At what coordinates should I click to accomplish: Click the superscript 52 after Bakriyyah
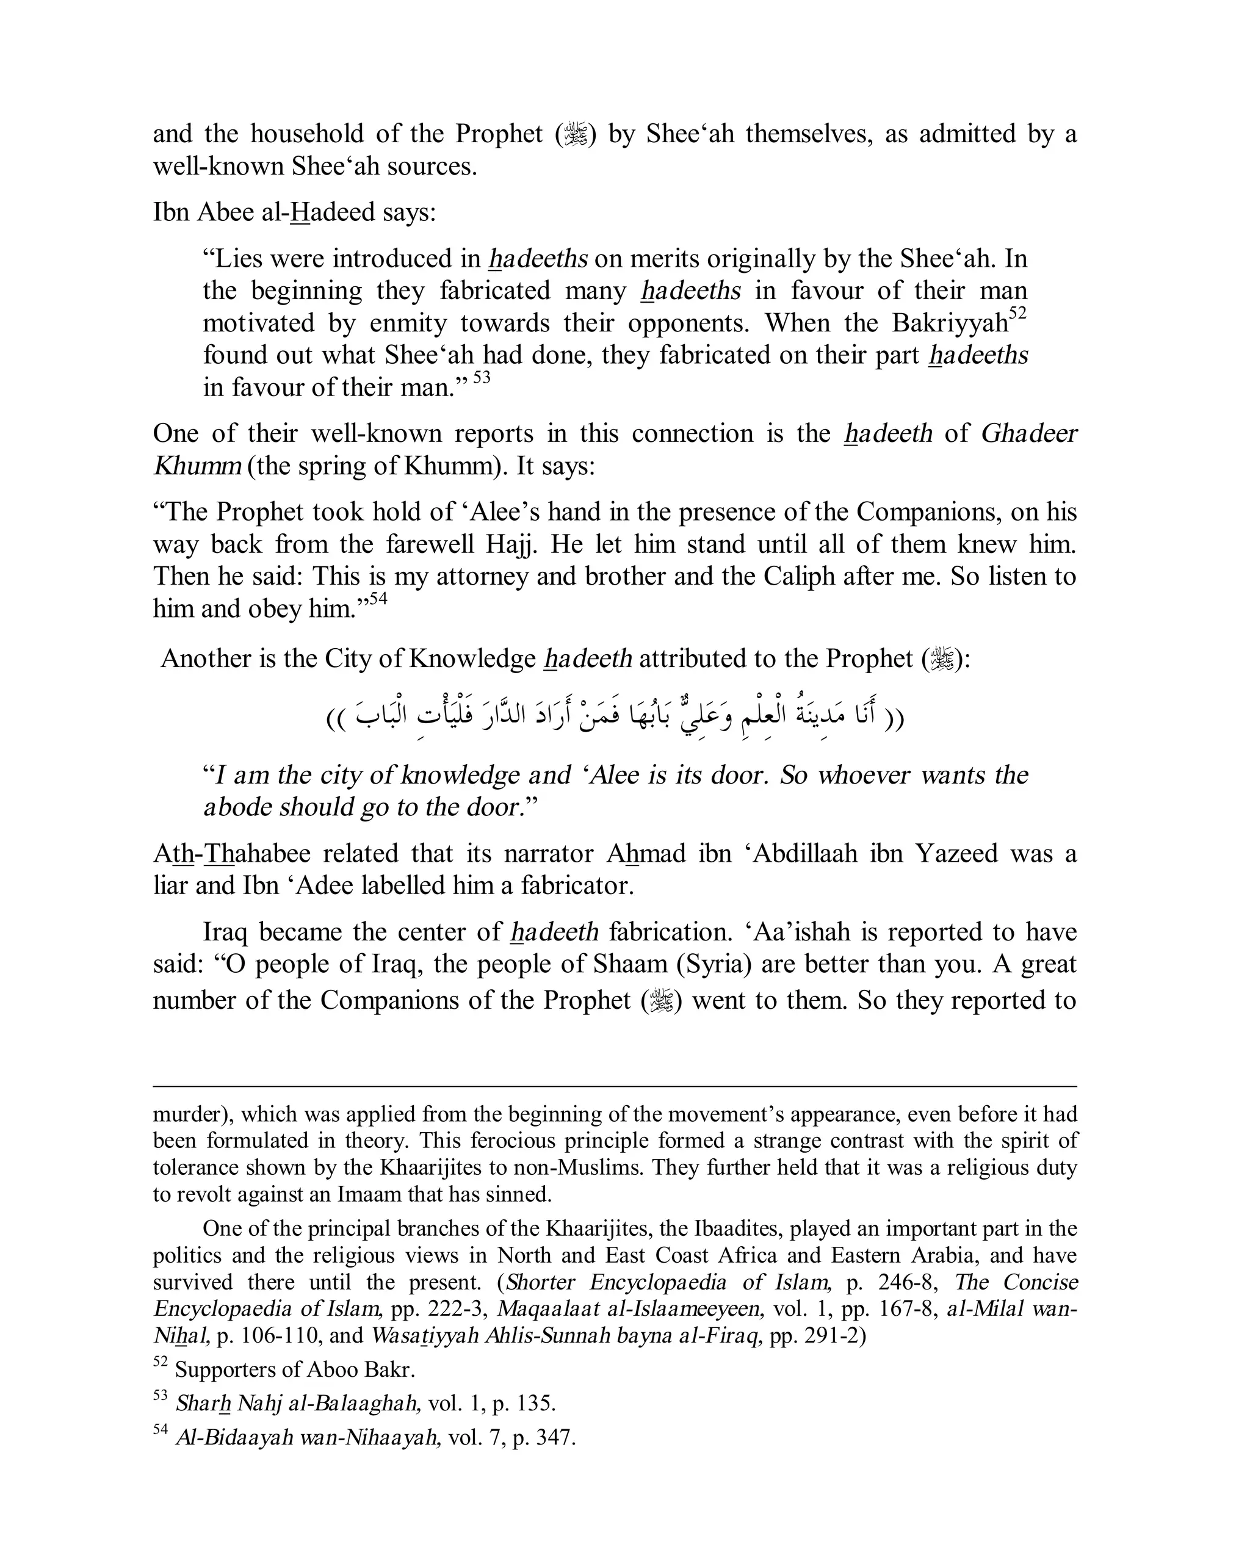point(1017,314)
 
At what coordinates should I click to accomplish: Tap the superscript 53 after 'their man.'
point(482,377)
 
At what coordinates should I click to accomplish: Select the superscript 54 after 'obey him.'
point(378,598)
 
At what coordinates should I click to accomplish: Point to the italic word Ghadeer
point(1029,433)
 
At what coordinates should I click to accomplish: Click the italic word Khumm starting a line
point(197,466)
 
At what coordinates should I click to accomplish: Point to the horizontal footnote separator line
point(614,1086)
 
